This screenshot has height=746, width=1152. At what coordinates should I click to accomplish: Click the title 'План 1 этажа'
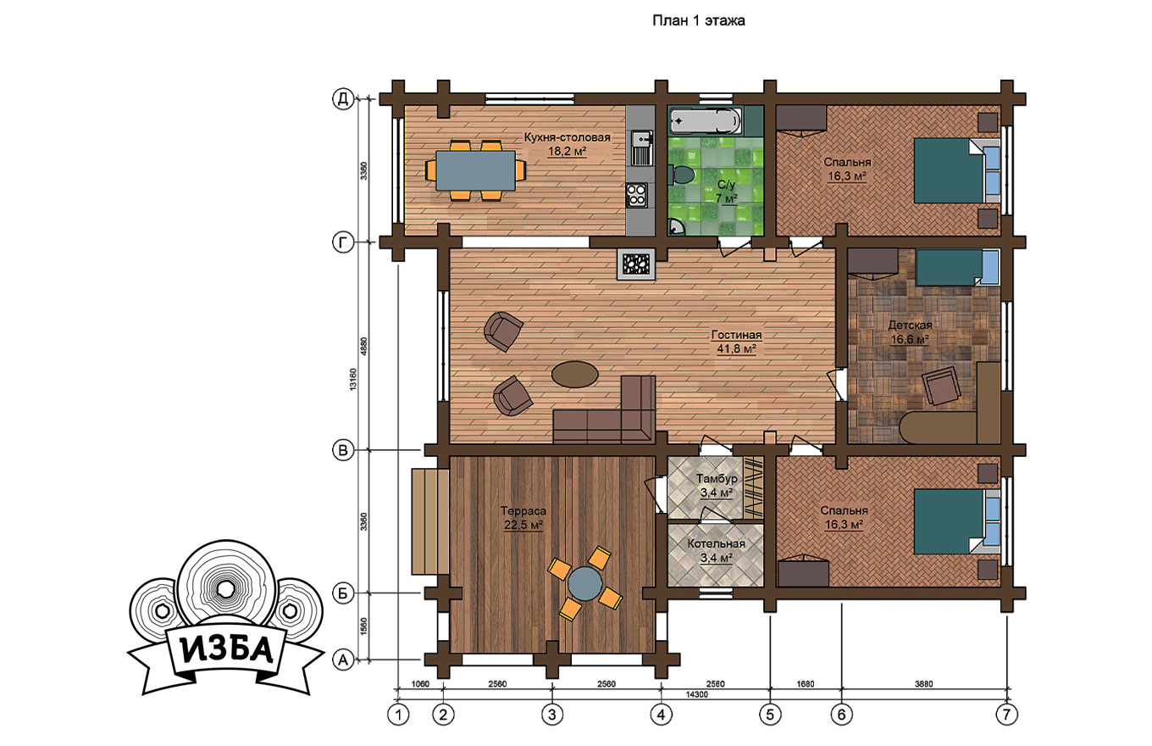(698, 20)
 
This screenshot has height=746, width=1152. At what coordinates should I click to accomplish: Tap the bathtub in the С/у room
(706, 121)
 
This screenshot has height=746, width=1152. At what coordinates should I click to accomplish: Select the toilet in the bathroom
(680, 174)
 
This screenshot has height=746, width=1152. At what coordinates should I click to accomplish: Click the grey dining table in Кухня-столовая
(476, 170)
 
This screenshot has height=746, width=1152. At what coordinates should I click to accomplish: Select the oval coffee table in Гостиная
(574, 374)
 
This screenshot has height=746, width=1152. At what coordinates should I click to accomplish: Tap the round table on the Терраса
(584, 582)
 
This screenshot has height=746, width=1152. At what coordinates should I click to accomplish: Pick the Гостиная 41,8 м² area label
(736, 342)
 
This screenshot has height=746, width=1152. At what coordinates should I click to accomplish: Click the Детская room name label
(910, 326)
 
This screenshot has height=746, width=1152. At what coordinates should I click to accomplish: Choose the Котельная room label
(716, 543)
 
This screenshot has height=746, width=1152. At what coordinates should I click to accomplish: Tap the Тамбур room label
(717, 478)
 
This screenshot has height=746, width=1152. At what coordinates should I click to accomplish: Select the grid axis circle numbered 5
(770, 714)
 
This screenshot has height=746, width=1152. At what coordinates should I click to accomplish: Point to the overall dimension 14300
(697, 694)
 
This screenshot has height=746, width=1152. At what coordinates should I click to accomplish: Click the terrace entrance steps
(430, 521)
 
